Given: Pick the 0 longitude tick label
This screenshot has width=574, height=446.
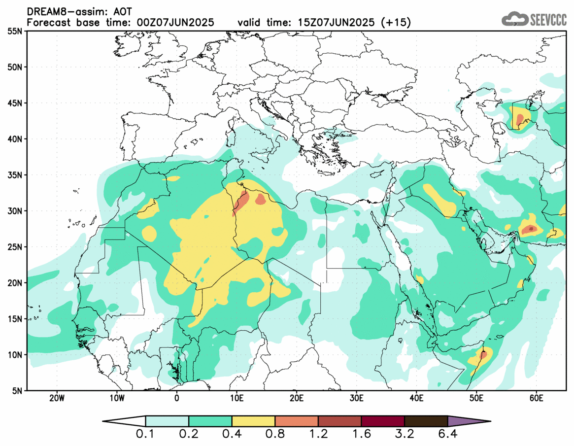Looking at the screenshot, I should (177, 398).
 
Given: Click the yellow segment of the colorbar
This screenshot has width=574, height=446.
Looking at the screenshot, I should (253, 421).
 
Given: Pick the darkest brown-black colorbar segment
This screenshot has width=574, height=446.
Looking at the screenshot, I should (426, 421).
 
